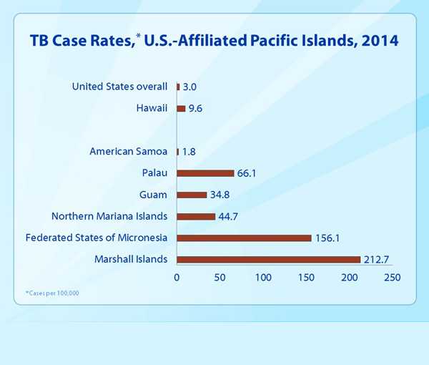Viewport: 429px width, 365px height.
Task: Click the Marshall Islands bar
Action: pos(268,259)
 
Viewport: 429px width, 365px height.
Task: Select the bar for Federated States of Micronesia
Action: pos(244,238)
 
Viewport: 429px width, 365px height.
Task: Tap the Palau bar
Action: pos(205,173)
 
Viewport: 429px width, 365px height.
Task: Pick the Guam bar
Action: pos(192,195)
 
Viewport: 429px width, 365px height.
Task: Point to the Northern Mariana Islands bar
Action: pos(196,216)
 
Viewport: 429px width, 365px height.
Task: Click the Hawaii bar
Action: pos(181,109)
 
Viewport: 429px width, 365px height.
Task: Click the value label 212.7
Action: pos(379,259)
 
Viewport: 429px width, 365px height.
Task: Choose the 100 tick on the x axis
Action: pos(263,277)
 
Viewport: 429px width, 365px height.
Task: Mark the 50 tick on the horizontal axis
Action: pos(220,277)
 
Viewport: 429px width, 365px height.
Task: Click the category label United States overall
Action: pos(119,87)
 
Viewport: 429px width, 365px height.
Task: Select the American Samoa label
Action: pos(129,151)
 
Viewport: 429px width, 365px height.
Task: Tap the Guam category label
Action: pos(153,194)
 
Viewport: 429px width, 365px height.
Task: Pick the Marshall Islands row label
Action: pos(131,258)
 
